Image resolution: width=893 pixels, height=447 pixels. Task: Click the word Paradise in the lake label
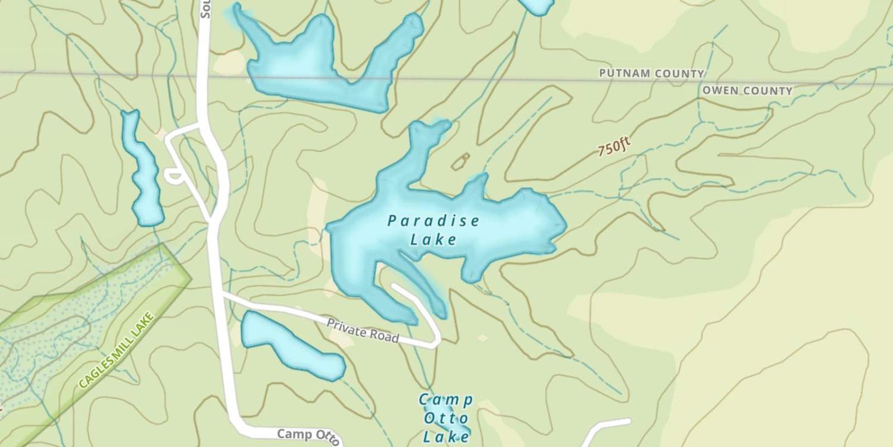pos(433,221)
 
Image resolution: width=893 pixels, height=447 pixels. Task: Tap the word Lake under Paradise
pos(433,240)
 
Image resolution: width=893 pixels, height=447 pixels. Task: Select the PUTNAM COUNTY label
pos(651,73)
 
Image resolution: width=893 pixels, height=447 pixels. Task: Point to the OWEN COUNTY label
pos(747,91)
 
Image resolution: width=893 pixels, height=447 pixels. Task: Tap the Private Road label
pos(363,330)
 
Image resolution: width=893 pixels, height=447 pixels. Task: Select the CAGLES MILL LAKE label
pos(117,350)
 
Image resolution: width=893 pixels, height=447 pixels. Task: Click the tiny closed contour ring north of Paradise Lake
pos(460,161)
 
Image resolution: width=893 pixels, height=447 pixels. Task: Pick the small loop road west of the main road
pos(174,175)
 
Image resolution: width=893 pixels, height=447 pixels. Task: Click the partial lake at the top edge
pos(538,5)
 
